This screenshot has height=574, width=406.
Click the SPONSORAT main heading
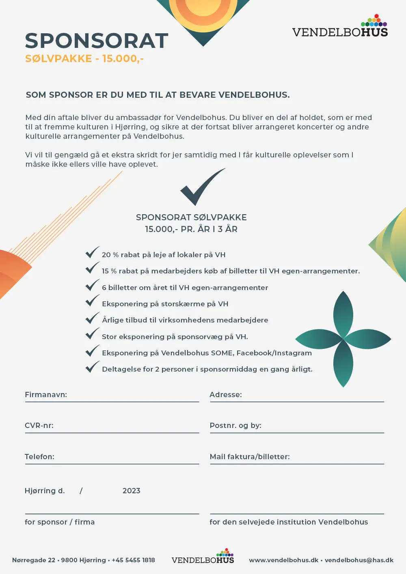[x=97, y=41]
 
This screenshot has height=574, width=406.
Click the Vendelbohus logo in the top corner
[x=340, y=27]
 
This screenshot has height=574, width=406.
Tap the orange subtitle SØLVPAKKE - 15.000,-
[x=84, y=58]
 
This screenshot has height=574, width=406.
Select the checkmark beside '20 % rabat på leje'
[x=92, y=252]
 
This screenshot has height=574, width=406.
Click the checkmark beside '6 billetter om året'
[x=92, y=285]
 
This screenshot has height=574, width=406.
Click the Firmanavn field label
[x=46, y=395]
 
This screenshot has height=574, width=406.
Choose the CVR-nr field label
[x=39, y=426]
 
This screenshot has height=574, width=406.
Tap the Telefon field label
[x=39, y=457]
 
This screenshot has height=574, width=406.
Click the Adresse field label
[x=226, y=395]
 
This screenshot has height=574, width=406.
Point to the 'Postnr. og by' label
[x=235, y=426]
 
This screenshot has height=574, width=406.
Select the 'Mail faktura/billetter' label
[x=250, y=457]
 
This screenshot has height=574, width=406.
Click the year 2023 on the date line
[x=132, y=491]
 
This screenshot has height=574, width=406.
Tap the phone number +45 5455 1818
[x=134, y=560]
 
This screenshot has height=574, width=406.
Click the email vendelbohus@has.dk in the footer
[x=359, y=560]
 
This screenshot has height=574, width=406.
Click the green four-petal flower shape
[x=343, y=339]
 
